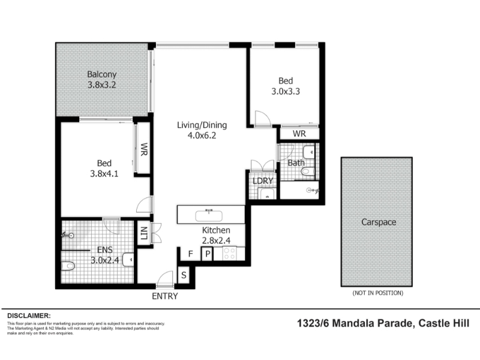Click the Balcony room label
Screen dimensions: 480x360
pos(101,74)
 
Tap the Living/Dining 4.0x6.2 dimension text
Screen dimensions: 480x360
pos(202,136)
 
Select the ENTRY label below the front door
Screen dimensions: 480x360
pos(164,296)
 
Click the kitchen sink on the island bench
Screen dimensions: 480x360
pos(209,216)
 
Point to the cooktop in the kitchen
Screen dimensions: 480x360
pos(229,253)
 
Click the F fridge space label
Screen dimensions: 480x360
pos(190,254)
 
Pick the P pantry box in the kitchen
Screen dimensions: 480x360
pos(207,254)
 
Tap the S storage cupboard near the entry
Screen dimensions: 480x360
pos(184,275)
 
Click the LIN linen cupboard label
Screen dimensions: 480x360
pos(144,233)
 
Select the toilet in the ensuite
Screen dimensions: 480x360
pos(68,265)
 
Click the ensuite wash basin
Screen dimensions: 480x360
pos(128,260)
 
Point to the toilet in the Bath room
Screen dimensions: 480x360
pos(308,171)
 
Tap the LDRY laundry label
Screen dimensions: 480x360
pos(262,181)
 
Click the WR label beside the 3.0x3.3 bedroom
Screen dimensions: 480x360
pos(299,134)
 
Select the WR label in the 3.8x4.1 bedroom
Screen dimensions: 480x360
pos(144,149)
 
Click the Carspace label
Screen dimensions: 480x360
pos(379,222)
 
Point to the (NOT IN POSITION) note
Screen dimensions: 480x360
pos(378,293)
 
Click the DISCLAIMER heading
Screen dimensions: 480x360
pos(29,316)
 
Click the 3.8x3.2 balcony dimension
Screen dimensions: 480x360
pos(101,85)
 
